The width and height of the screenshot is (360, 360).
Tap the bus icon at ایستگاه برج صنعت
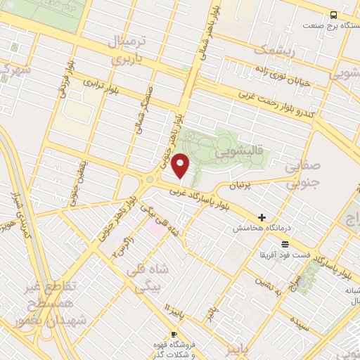click(x=333, y=15)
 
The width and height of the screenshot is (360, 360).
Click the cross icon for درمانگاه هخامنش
click(x=263, y=218)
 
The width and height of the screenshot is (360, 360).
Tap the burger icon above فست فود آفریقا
click(x=284, y=244)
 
